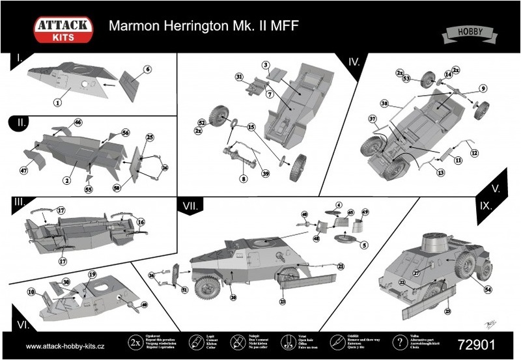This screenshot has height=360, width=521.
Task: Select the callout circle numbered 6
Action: coord(147,69)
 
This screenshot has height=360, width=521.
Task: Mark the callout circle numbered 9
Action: coord(483,88)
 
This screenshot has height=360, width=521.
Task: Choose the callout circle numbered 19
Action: coord(92,274)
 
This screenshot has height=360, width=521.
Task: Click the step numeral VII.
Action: coord(192,206)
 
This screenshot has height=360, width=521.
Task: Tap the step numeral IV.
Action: coord(354,62)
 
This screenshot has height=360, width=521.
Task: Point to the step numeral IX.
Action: coord(485,204)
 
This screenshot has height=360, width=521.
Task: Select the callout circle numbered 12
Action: coord(474,153)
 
